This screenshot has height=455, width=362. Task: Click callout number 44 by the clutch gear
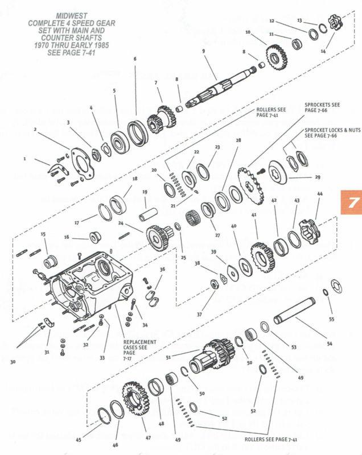[320, 195]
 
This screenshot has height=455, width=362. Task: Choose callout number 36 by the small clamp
[163, 270]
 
